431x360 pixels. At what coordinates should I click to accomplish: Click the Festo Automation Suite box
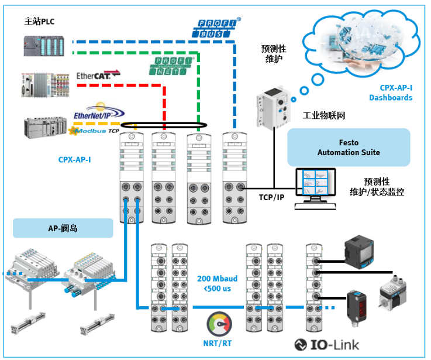pos(349,148)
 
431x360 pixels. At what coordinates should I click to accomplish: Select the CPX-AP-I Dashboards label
pos(390,92)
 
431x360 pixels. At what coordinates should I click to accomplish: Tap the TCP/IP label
pos(272,197)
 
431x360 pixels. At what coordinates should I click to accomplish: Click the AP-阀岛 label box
pos(63,228)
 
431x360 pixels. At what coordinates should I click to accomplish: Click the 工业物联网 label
pos(323,116)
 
